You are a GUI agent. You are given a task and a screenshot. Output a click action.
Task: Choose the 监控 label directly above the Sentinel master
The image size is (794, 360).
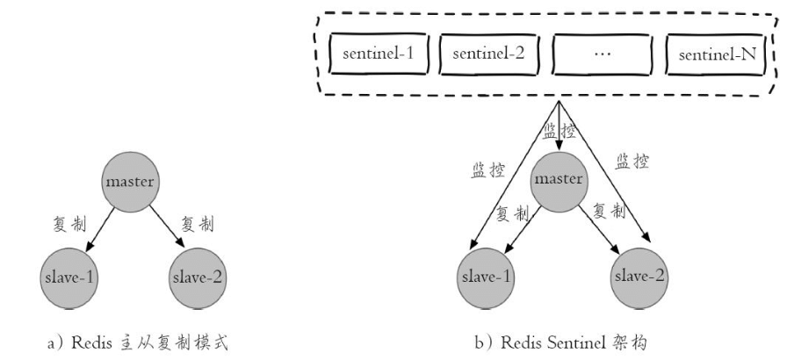coord(559,131)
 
